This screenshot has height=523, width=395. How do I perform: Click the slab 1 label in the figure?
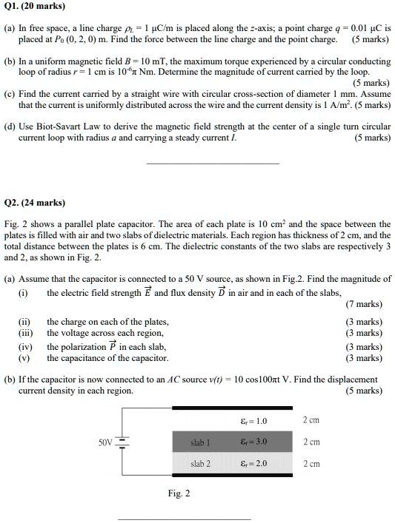(x=200, y=442)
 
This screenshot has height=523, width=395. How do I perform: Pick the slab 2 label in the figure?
(x=200, y=464)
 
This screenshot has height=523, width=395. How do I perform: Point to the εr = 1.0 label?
(x=254, y=421)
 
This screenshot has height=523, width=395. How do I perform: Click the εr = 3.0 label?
(x=254, y=442)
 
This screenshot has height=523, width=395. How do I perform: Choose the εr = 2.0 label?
(x=254, y=464)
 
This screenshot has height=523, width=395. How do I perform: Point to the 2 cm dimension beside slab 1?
(x=312, y=442)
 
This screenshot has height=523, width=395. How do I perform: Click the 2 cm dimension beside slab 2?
(x=312, y=464)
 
